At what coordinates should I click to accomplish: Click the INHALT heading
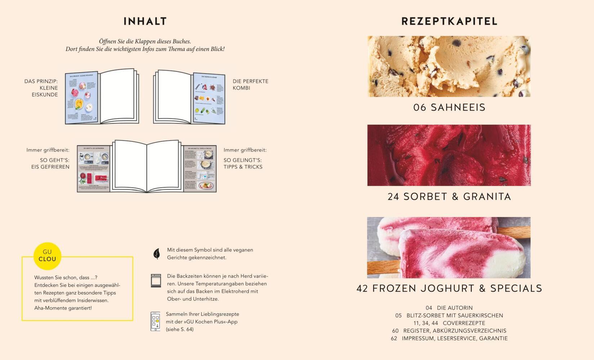[145, 21]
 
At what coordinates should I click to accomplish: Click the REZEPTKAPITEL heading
[449, 21]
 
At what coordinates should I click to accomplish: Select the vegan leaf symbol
[157, 253]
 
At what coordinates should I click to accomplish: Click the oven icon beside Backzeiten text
[156, 280]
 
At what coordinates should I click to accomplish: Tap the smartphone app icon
[155, 321]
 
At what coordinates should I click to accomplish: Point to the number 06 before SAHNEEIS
[420, 107]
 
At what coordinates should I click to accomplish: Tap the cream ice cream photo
[449, 67]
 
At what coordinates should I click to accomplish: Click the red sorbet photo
[449, 155]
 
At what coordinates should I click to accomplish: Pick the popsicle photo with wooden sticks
[449, 248]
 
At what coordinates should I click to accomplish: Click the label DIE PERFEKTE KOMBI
[250, 85]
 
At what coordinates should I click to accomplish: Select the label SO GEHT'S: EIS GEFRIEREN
[50, 163]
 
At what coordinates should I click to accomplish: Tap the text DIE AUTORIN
[455, 308]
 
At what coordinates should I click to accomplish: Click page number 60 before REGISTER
[395, 330]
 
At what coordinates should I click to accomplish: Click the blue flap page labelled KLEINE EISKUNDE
[82, 98]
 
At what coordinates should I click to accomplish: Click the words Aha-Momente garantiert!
[63, 308]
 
